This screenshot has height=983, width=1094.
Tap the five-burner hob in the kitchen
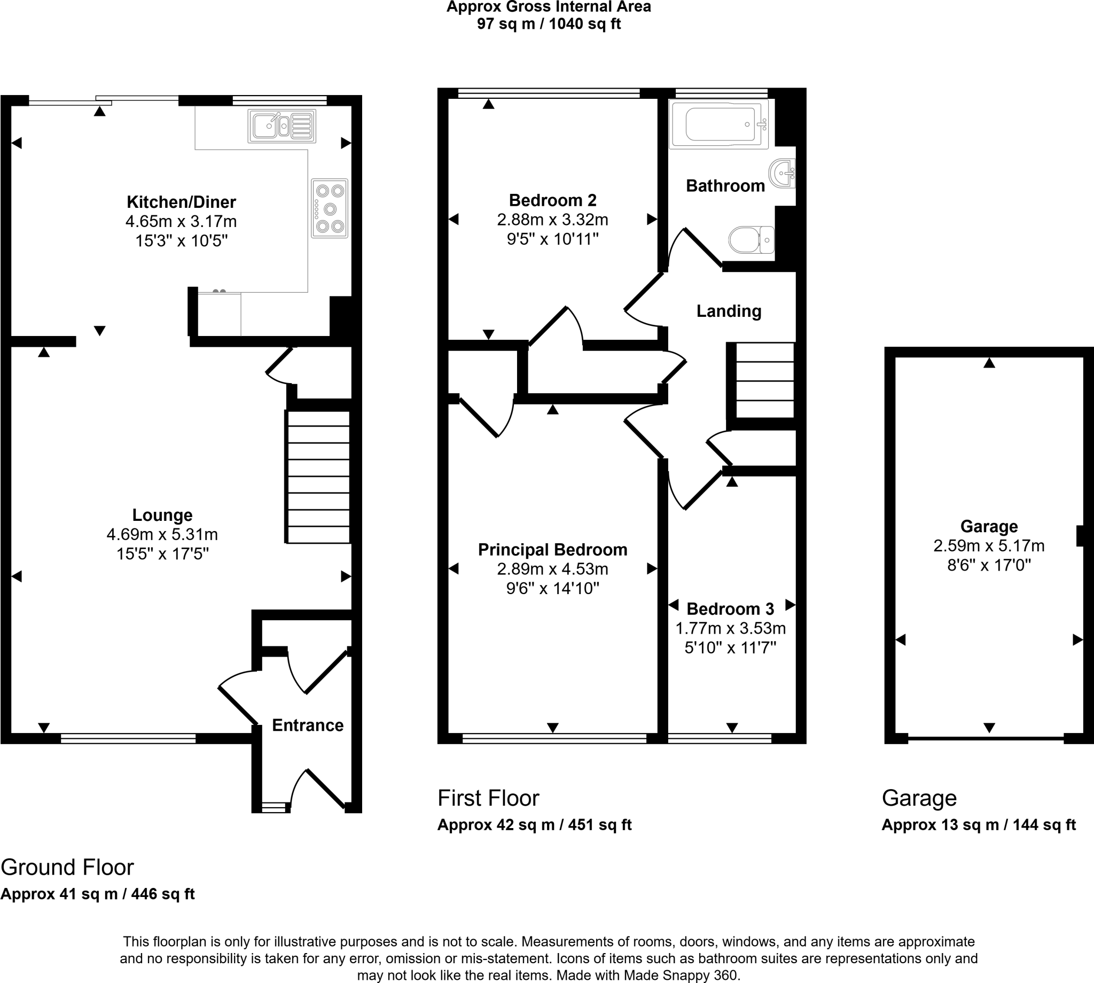coord(330,208)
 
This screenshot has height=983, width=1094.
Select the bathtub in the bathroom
coord(718,124)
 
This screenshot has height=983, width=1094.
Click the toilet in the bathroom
coord(751,239)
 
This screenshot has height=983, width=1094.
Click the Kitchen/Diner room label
coord(181,202)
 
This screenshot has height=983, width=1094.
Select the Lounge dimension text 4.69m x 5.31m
coord(162,535)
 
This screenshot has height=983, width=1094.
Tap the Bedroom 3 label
coord(730,609)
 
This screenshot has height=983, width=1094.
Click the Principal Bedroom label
coord(552,550)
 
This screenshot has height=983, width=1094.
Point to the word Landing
coord(729,311)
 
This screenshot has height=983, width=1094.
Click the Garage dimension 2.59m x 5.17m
coord(989,546)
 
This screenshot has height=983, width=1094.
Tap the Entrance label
coord(307,725)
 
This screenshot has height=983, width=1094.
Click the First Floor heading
coord(488,798)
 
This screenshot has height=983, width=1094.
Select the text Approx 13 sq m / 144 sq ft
coord(979,825)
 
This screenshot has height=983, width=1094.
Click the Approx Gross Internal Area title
coord(549,7)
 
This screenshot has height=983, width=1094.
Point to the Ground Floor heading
coord(67,868)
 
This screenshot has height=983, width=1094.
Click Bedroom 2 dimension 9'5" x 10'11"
coord(552,239)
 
